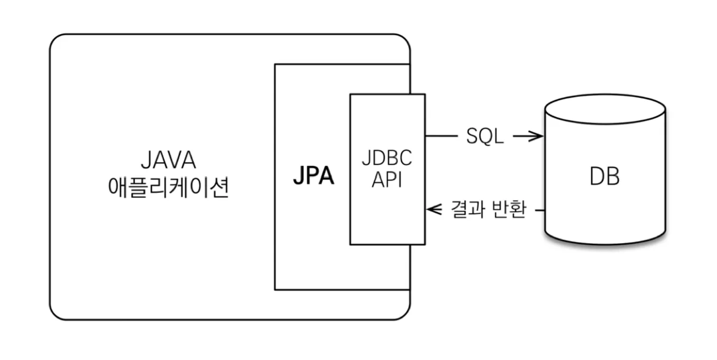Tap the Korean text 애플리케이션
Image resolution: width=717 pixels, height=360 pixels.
(168, 188)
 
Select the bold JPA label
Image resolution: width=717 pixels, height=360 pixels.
(314, 177)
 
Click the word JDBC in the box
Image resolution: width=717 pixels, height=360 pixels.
(387, 158)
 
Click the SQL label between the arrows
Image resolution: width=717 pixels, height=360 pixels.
(485, 137)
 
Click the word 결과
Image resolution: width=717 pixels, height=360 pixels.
(463, 210)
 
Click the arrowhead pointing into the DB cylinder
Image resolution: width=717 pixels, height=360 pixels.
(539, 137)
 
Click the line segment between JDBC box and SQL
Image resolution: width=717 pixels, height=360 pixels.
(441, 137)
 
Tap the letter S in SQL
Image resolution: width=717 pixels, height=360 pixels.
(473, 137)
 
